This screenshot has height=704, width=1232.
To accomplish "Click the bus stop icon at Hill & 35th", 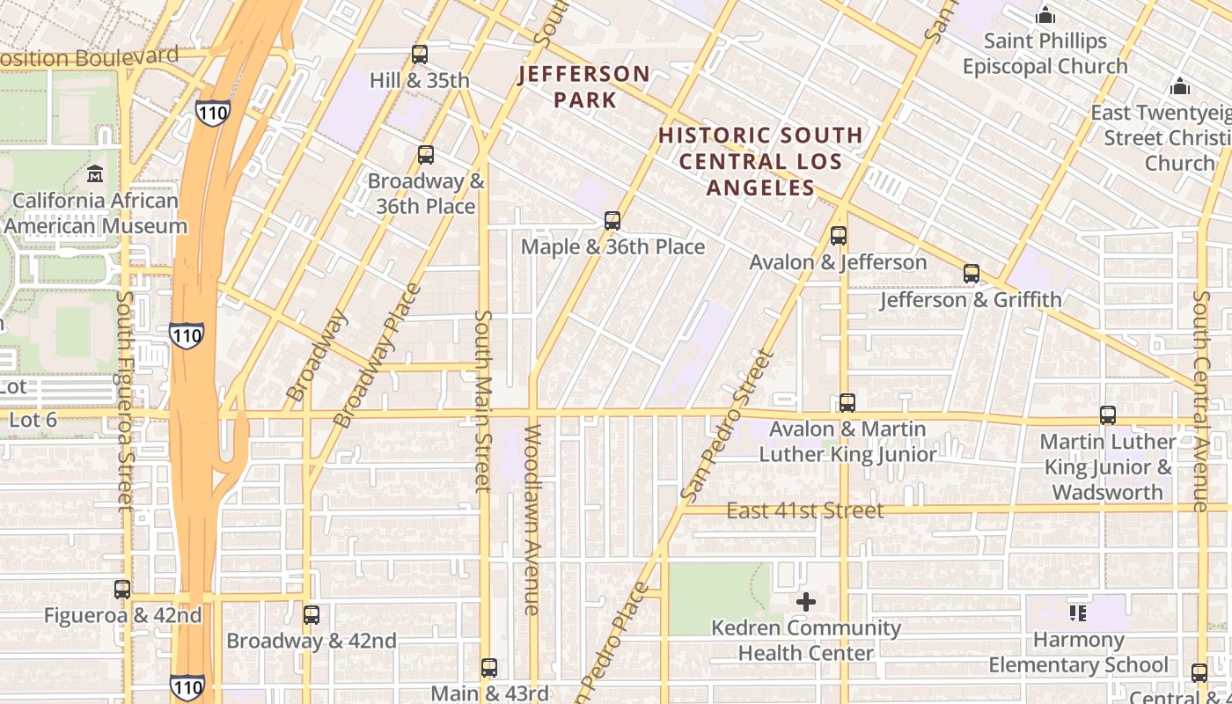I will click(x=420, y=55).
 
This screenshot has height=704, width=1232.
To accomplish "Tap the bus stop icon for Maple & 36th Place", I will click(x=612, y=221).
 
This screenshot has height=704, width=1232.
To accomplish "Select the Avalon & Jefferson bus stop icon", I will click(x=839, y=236).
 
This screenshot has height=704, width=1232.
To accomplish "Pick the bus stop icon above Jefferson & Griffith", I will click(x=972, y=274).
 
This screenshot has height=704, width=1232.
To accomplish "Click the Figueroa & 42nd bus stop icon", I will click(x=122, y=590).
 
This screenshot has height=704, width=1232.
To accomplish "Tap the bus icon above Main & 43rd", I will click(x=489, y=667).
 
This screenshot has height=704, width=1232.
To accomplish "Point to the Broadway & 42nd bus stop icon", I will click(x=312, y=615).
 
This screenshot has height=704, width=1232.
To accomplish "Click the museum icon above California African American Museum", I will click(x=95, y=174).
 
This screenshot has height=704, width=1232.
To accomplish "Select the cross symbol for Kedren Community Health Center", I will click(x=806, y=602).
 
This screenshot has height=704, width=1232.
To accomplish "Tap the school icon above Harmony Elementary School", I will click(x=1078, y=613).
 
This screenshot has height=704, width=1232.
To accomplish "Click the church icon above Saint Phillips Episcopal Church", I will click(x=1045, y=15).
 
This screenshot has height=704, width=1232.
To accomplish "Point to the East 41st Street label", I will click(x=804, y=510).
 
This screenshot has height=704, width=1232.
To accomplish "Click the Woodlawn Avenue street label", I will click(x=532, y=519).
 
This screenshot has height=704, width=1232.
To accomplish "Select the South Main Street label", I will click(x=483, y=400).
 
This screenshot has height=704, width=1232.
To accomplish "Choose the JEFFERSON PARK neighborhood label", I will click(x=584, y=86).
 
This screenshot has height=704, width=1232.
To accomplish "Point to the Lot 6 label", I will click(x=33, y=420).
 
